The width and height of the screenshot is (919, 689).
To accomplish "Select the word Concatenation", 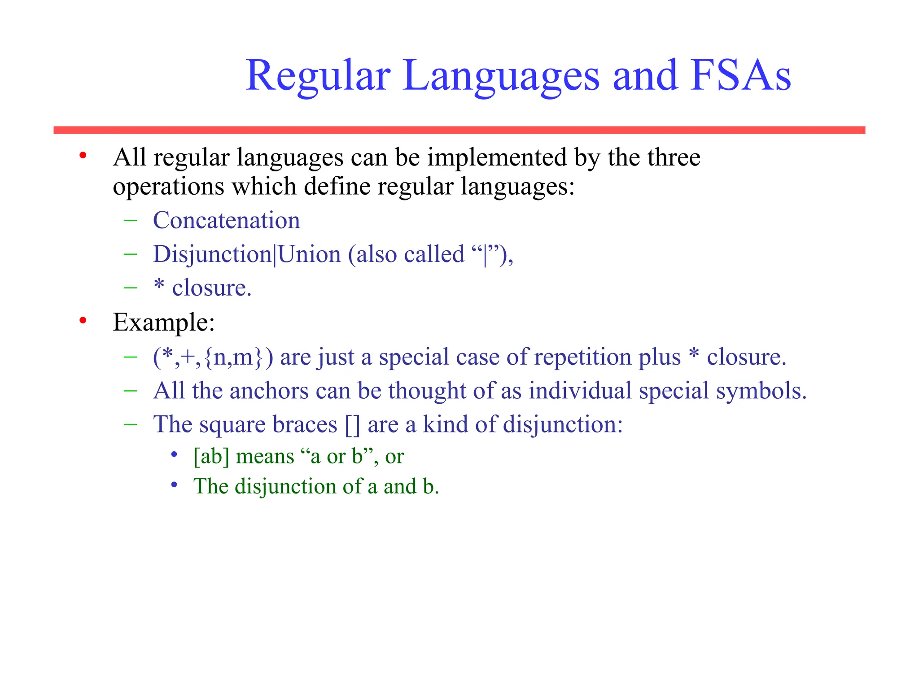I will (x=226, y=220).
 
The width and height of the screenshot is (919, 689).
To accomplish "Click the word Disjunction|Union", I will (x=246, y=254).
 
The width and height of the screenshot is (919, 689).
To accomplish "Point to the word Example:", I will (x=164, y=322).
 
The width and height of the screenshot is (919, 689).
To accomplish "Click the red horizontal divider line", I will (x=459, y=130).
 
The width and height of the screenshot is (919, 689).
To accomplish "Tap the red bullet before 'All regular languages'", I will (x=83, y=156).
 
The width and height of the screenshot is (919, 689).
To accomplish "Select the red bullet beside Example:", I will (x=83, y=321).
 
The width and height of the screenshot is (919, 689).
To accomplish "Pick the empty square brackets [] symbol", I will (x=352, y=424).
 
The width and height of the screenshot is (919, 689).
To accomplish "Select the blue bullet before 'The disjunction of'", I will (x=175, y=485).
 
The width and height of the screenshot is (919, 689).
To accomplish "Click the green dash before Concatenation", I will (x=130, y=220).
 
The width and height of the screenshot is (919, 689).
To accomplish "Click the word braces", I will (x=305, y=424).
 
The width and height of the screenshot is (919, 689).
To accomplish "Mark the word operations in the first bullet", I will (x=168, y=186).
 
